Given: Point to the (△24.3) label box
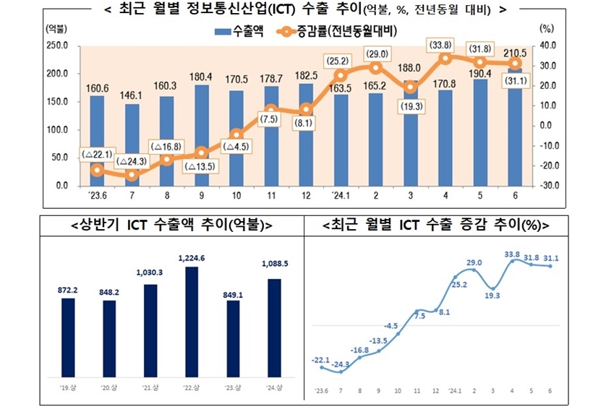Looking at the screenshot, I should pyautogui.click(x=132, y=160).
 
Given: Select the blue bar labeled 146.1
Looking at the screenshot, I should pyautogui.click(x=132, y=145).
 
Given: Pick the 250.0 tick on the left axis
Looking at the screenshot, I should pyautogui.click(x=57, y=46).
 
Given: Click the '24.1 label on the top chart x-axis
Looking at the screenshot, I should pyautogui.click(x=341, y=196).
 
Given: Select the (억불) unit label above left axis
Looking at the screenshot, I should pyautogui.click(x=54, y=29).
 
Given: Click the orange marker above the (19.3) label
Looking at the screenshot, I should pyautogui.click(x=410, y=87).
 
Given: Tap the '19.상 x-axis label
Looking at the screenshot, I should pyautogui.click(x=68, y=387).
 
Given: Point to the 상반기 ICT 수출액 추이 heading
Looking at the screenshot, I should pyautogui.click(x=171, y=225).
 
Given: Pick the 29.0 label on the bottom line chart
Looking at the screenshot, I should pyautogui.click(x=474, y=262).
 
